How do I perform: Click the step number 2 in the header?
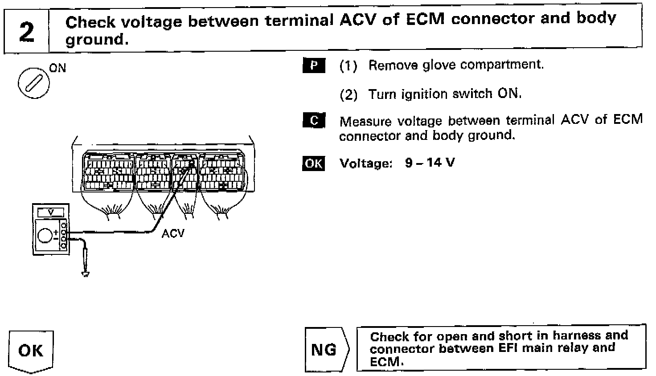[x=27, y=31]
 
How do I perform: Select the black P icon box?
[x=314, y=65]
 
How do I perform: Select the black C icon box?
[x=314, y=121]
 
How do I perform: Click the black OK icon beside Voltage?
[x=314, y=163]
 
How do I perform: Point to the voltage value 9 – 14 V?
[x=430, y=163]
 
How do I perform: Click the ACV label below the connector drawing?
[x=173, y=233]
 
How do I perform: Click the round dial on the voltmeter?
[x=45, y=235]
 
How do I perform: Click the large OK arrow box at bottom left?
[x=31, y=351]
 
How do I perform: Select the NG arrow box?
[x=324, y=350]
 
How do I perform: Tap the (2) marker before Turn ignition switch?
[x=348, y=94]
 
